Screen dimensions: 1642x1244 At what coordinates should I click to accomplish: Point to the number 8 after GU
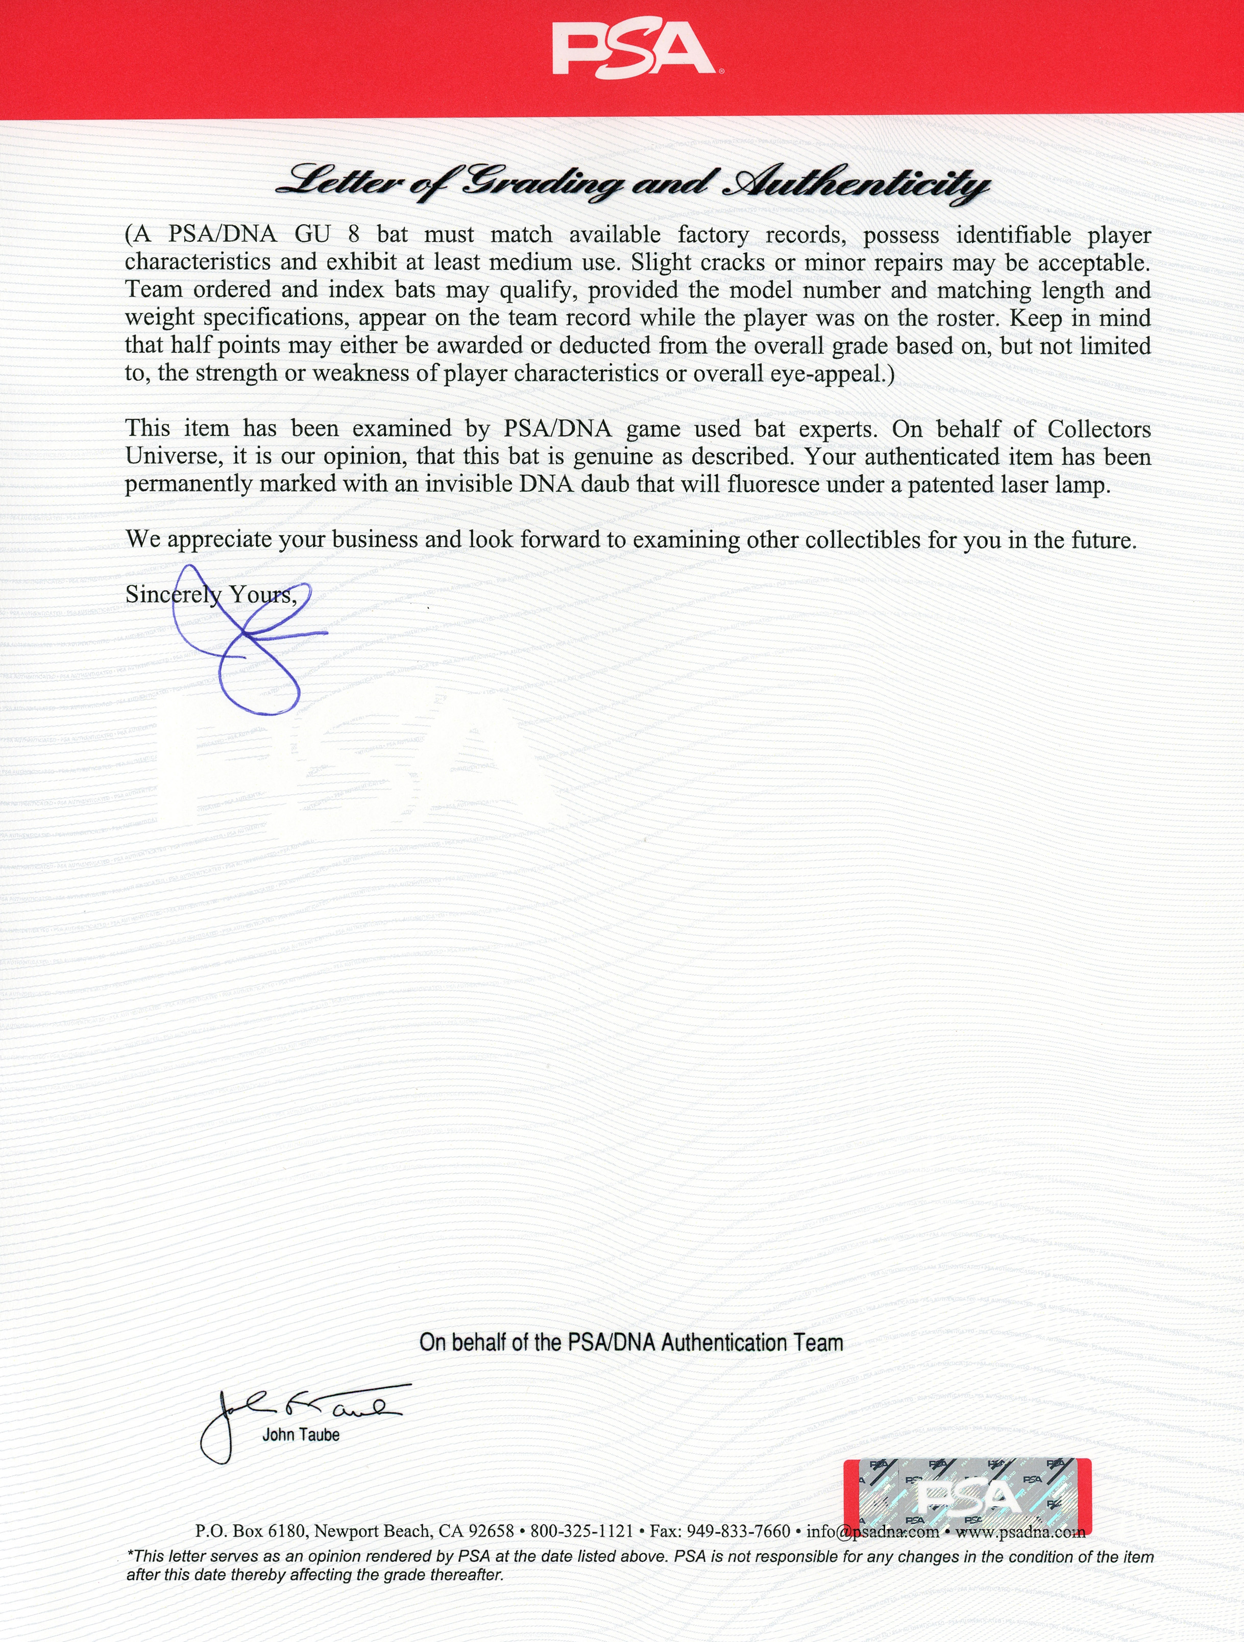click(353, 235)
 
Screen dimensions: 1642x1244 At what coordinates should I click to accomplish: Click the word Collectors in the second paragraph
click(1099, 429)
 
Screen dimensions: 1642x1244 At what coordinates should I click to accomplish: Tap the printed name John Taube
click(301, 1435)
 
